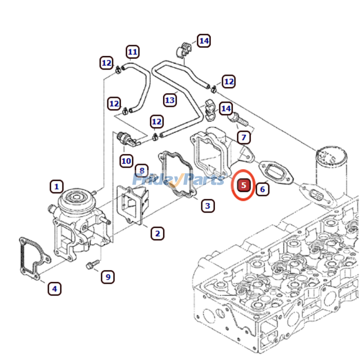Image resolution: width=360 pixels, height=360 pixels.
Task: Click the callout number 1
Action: point(57,186)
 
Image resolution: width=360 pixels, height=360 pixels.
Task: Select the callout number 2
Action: point(157,233)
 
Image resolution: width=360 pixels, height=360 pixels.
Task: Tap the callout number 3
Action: point(207,206)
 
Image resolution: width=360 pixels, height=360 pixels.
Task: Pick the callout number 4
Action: point(54,288)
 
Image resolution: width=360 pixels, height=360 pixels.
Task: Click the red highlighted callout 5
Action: point(243,184)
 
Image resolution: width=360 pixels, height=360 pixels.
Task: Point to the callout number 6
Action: point(262,189)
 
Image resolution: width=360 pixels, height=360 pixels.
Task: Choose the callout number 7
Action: point(243,137)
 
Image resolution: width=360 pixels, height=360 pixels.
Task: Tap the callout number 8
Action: point(142,170)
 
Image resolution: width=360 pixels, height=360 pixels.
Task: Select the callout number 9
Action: point(108,277)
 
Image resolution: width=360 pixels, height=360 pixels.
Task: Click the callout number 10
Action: point(126,160)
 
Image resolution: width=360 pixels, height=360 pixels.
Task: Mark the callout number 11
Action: point(132,52)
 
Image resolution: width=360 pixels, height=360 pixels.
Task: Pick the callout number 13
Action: point(170,100)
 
